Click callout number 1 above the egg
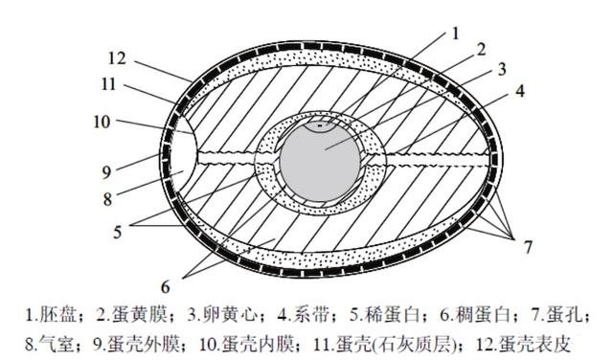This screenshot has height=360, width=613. point(457,33)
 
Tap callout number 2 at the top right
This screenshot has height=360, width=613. point(482,49)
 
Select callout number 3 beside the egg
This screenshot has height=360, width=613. point(500,70)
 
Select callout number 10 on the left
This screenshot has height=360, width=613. point(102,122)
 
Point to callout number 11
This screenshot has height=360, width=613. point(107,84)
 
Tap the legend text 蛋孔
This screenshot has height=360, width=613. point(568,313)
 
